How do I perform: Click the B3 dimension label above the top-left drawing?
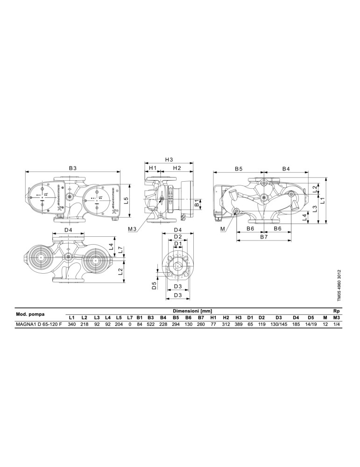pos(73,168)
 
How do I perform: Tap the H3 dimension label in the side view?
pos(169,159)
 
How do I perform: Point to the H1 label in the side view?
pos(153,168)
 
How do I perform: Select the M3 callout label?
pos(132,229)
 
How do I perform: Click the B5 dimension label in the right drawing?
pos(239,169)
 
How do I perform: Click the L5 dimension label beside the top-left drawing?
pos(126,200)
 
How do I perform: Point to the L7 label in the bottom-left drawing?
pos(120,250)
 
